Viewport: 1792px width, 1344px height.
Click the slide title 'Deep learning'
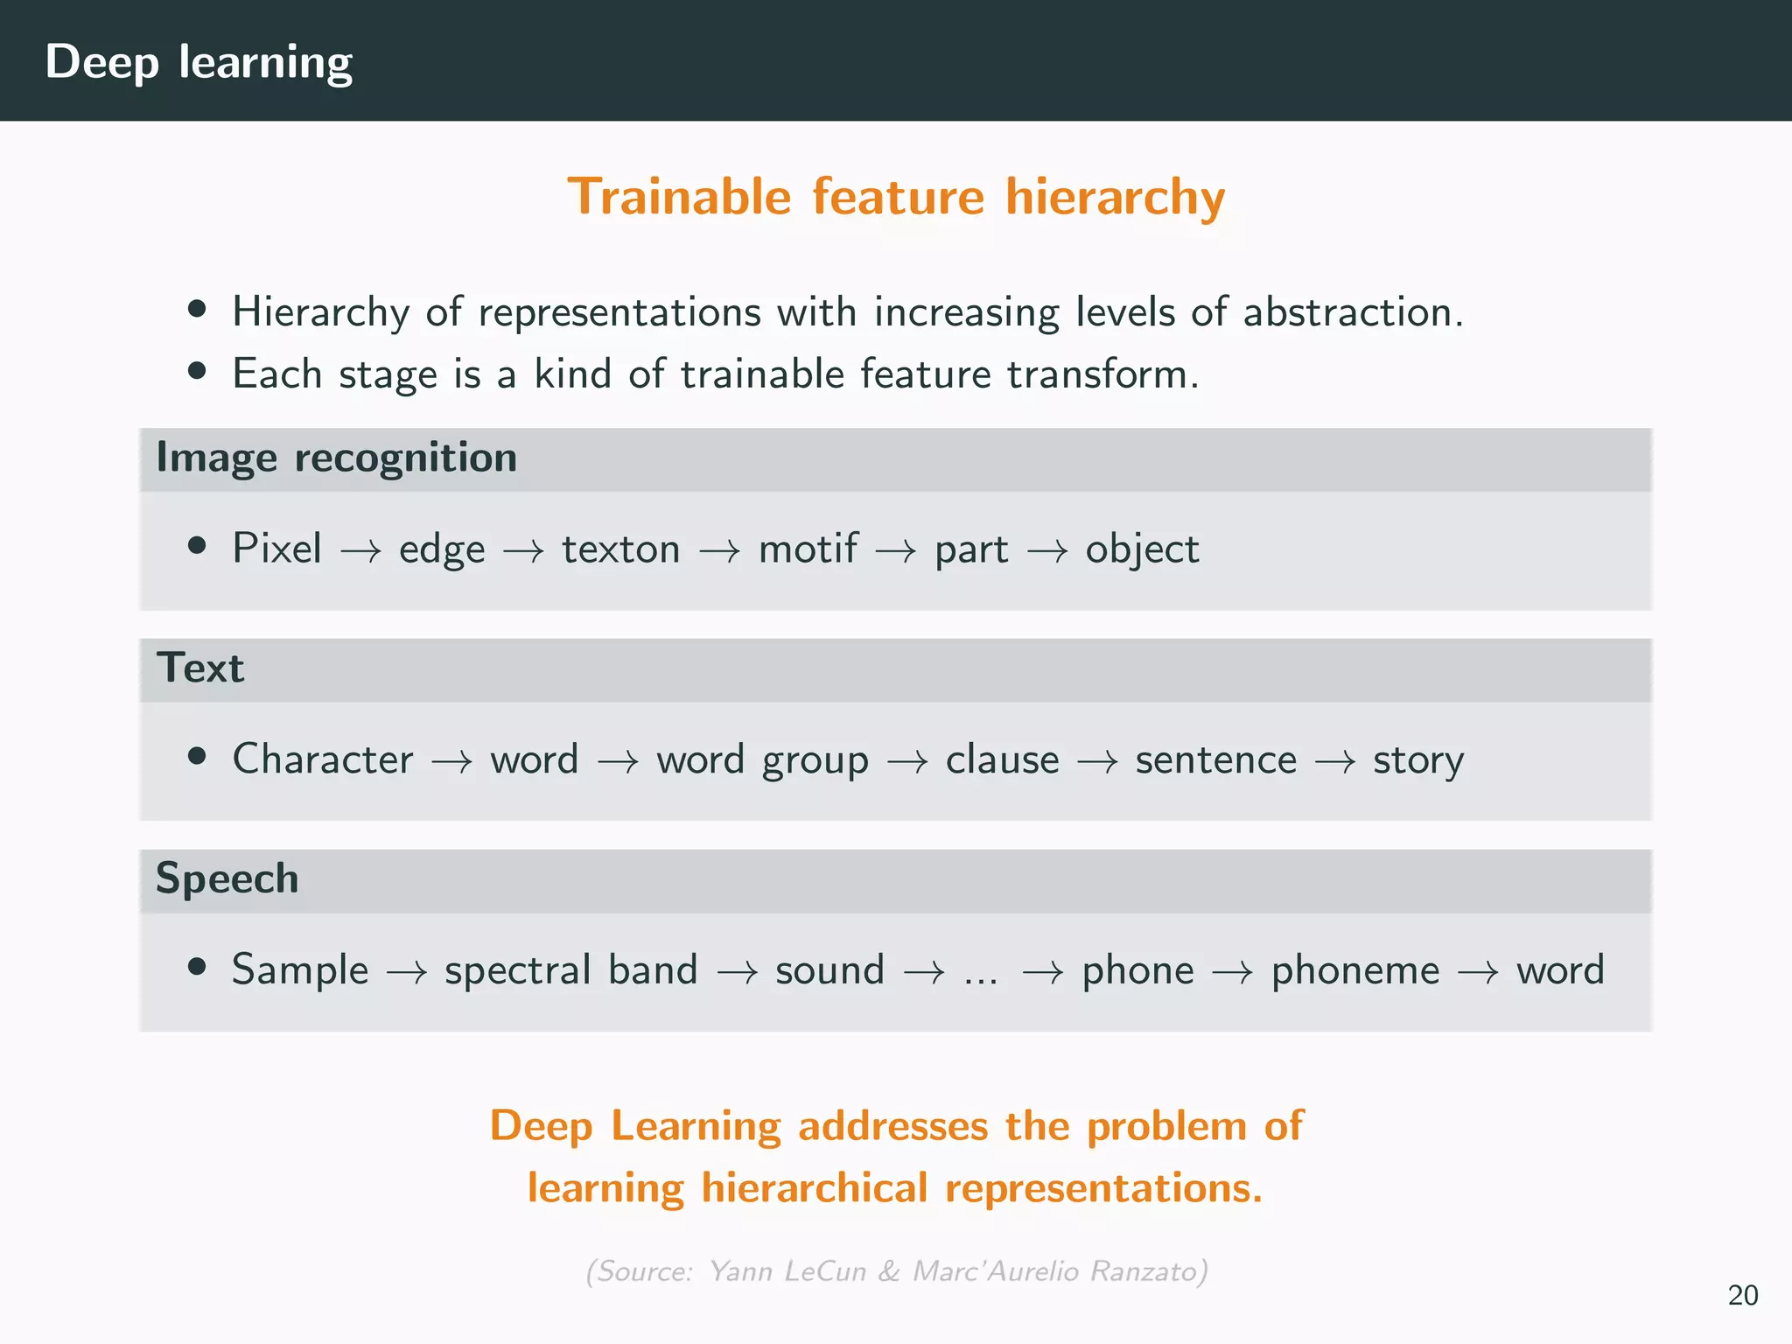[199, 62]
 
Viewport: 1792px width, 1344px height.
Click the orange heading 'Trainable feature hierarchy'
[896, 196]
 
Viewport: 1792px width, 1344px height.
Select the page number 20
[1742, 1295]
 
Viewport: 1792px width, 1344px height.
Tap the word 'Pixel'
[276, 549]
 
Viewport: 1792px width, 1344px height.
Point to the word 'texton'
[620, 549]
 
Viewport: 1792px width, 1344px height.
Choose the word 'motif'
[808, 549]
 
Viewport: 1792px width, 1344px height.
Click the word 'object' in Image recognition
[1142, 549]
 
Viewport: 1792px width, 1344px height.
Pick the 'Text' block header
[199, 668]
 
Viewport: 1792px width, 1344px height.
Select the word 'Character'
[322, 759]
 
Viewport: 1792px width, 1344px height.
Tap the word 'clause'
[1002, 759]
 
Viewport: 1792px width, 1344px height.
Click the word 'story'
[1417, 759]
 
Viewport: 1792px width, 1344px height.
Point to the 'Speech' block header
[227, 878]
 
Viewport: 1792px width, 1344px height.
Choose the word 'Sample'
[299, 969]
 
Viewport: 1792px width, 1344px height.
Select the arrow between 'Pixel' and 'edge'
[360, 551]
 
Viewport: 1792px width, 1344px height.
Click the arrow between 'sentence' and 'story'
[1335, 761]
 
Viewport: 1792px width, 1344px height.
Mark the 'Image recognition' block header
[336, 458]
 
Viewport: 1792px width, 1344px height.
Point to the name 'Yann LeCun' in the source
[787, 1270]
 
